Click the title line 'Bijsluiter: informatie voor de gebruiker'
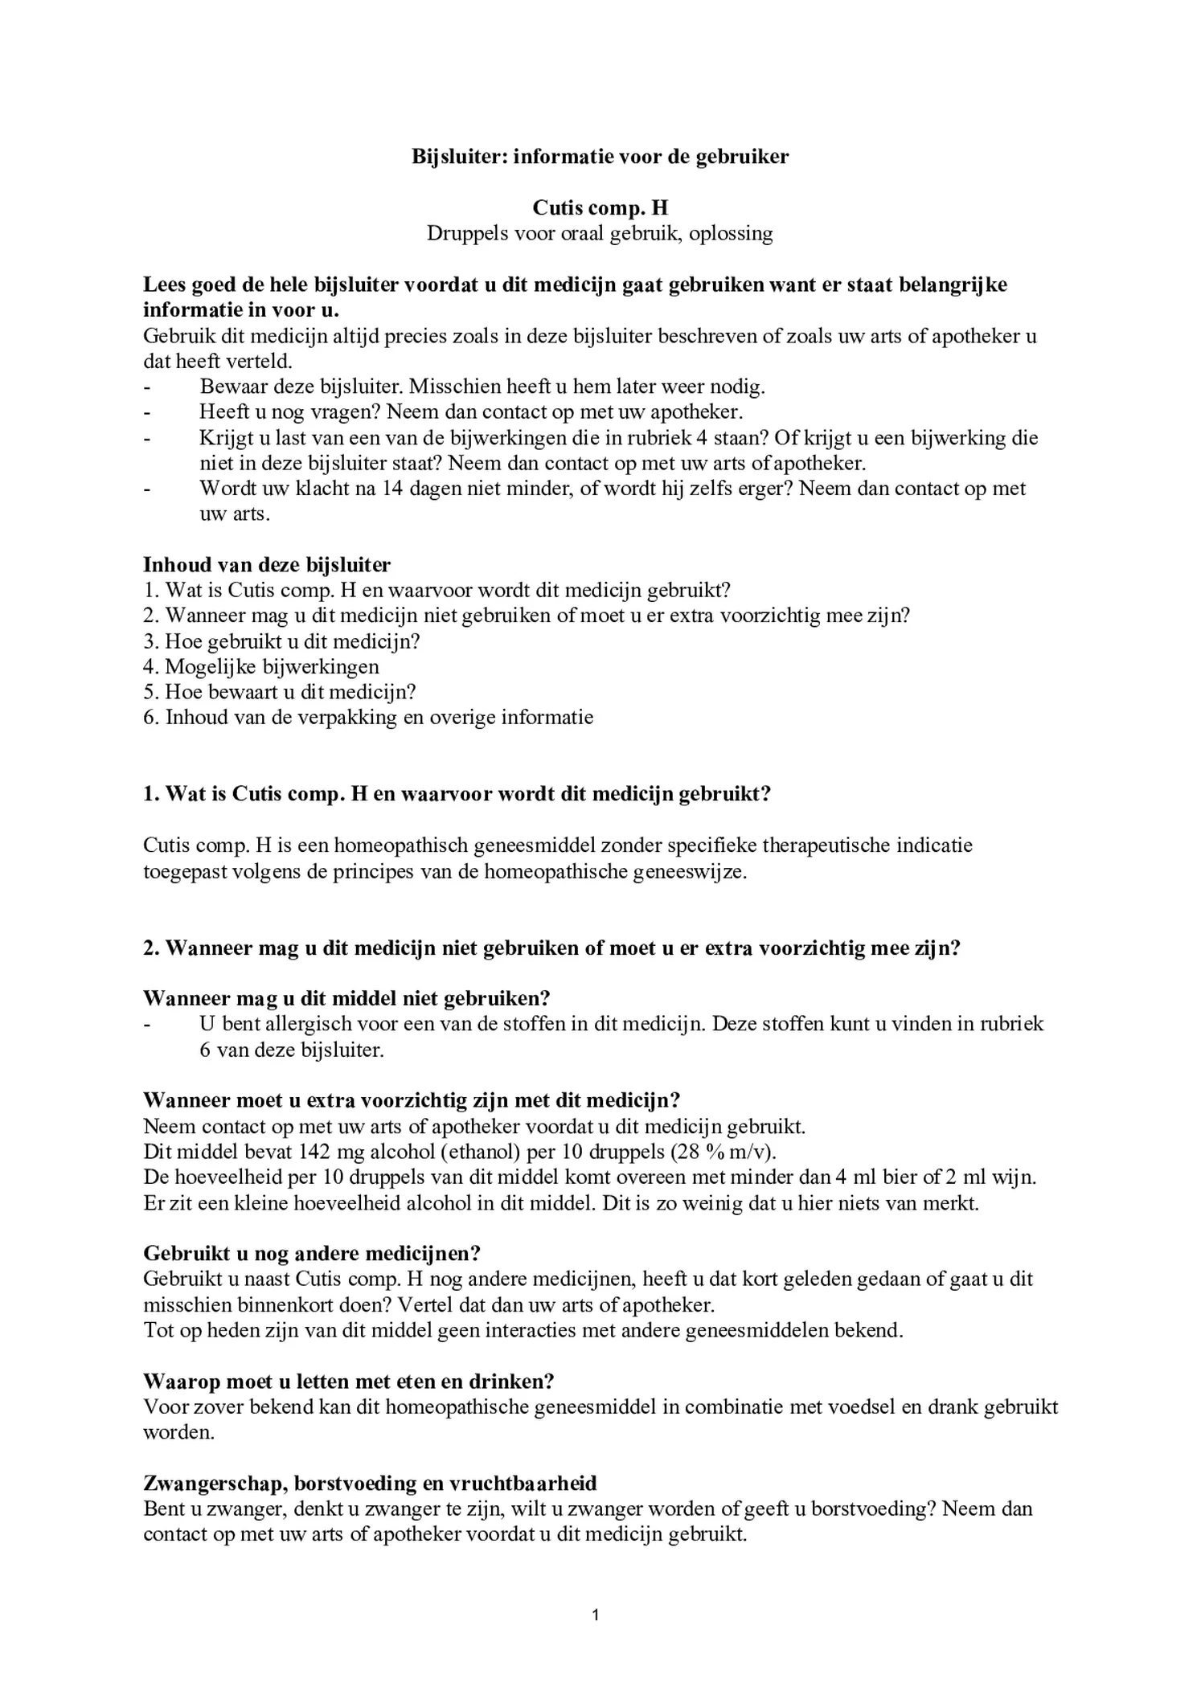600,157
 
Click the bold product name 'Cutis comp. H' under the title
600,208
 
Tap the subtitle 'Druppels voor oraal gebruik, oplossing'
600,234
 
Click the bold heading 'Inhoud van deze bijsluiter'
267,565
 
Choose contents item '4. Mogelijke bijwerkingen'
261,666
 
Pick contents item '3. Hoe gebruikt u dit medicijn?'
282,641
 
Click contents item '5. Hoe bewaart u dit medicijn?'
280,692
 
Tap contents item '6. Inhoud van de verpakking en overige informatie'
368,717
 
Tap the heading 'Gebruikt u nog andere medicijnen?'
312,1254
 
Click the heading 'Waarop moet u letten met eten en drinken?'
349,1382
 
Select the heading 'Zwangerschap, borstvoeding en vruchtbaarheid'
370,1483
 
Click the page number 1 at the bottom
595,1615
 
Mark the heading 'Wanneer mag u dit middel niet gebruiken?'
346,998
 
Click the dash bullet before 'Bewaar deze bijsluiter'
147,387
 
